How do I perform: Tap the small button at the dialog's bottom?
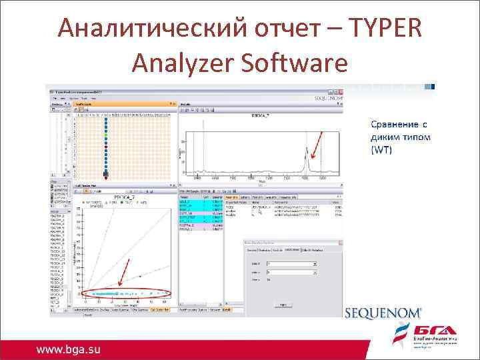(x=283, y=303)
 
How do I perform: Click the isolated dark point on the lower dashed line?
(x=141, y=276)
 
